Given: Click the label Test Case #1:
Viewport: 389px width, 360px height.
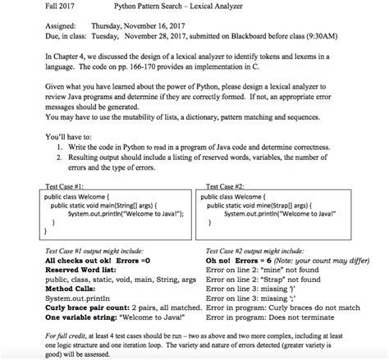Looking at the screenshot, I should pyautogui.click(x=62, y=187).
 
